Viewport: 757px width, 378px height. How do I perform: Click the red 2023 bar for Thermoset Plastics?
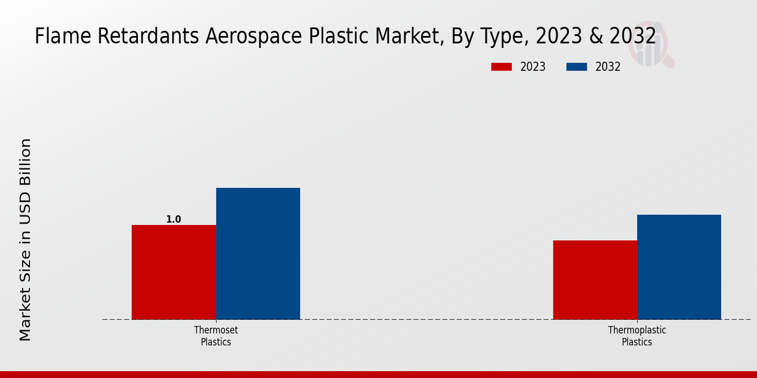coord(173,272)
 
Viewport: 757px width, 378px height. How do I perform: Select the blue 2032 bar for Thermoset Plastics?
coord(258,253)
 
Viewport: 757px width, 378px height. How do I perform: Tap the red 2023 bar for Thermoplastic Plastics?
coord(595,280)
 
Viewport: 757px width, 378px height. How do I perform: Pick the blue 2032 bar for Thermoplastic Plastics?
coord(679,267)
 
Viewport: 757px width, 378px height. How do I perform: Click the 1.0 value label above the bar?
coord(173,219)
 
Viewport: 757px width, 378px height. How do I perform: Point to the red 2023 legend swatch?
coord(502,67)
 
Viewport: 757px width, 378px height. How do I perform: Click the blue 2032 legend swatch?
coord(577,67)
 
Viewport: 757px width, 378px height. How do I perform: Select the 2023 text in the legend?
coord(533,67)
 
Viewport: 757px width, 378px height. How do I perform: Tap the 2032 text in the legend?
coord(608,67)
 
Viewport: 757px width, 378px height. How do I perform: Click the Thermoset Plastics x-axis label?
coord(216,336)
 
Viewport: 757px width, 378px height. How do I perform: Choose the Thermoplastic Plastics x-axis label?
coord(637,336)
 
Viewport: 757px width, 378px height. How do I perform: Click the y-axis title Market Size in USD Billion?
coord(25,239)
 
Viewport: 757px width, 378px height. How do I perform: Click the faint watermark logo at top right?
coord(650,47)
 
